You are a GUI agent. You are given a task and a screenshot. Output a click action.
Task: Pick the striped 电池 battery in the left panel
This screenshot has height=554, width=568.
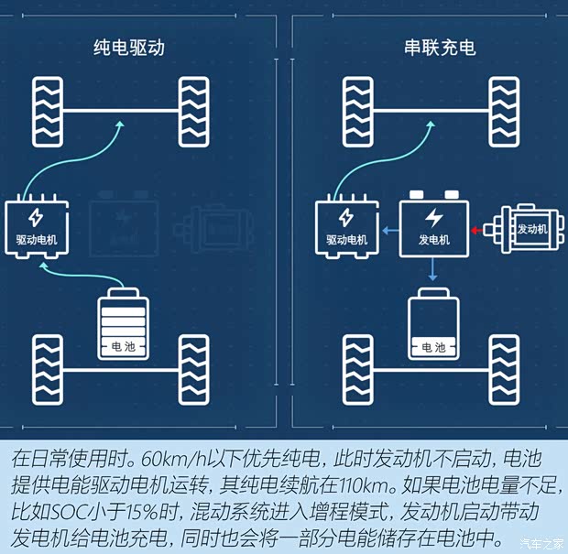(122, 326)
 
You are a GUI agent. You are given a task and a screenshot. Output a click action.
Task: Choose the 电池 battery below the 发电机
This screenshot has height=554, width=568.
(433, 326)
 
